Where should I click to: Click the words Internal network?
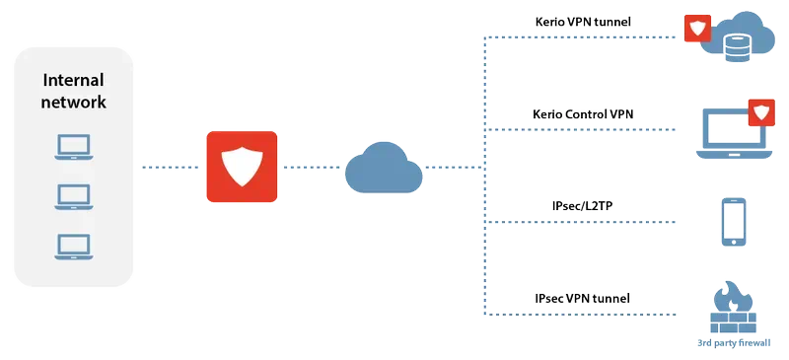[74, 90]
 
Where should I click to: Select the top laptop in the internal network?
[74, 148]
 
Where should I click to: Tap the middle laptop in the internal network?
[74, 195]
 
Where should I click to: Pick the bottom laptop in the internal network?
[74, 244]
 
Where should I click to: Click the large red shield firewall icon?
[241, 167]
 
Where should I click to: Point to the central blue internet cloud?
[384, 168]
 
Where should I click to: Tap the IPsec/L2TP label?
[584, 205]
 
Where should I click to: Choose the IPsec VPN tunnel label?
[581, 298]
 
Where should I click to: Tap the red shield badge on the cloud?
[697, 30]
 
